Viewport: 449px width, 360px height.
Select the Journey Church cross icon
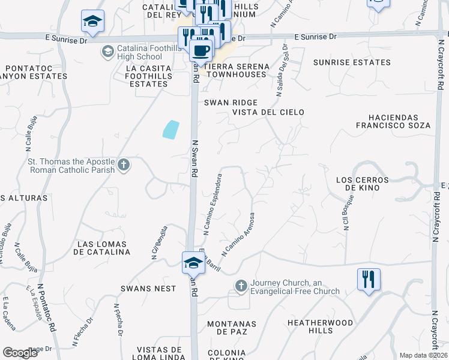(241, 286)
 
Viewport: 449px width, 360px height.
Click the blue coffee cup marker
(202, 49)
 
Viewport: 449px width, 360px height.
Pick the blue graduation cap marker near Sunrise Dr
(93, 22)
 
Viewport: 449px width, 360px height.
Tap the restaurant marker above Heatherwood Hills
(369, 279)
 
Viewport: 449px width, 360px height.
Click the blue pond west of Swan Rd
(170, 130)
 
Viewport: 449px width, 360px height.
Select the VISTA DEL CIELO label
(268, 112)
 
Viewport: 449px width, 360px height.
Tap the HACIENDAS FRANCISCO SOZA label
(401, 121)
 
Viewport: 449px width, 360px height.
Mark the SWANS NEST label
(148, 289)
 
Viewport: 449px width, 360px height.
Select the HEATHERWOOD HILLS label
(319, 326)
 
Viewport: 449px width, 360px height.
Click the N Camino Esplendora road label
(213, 204)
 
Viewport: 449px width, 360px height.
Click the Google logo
(20, 352)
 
